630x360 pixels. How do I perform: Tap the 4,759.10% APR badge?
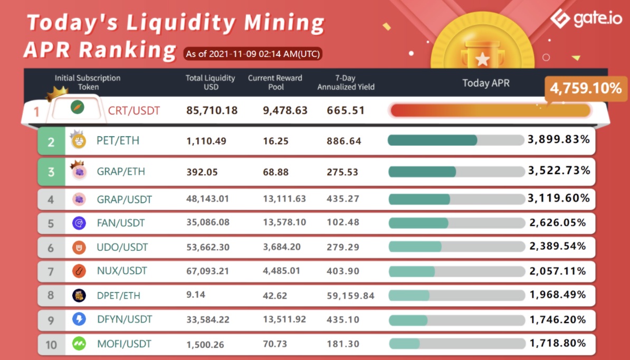click(x=586, y=88)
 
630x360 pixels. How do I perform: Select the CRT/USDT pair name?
click(x=133, y=111)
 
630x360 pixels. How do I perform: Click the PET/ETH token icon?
click(x=79, y=141)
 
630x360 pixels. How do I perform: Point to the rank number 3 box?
click(x=51, y=172)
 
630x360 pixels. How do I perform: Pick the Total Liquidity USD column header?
click(x=210, y=82)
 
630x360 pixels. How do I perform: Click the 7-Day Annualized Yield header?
click(x=346, y=82)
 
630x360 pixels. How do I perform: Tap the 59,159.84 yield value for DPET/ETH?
click(x=351, y=296)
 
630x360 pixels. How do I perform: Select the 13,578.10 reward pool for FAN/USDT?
click(x=284, y=222)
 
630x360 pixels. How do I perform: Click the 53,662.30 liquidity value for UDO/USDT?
click(x=208, y=247)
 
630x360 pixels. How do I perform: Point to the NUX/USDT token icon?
click(x=79, y=271)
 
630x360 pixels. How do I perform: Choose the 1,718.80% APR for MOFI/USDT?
click(x=558, y=343)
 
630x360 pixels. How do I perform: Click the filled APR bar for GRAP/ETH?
click(x=422, y=172)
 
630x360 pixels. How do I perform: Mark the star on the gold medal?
click(x=482, y=59)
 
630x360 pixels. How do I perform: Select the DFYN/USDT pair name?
click(x=125, y=319)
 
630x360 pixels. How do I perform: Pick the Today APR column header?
click(x=486, y=83)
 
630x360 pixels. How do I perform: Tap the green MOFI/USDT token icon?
click(x=79, y=344)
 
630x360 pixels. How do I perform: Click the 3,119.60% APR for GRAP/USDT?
click(x=558, y=198)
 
